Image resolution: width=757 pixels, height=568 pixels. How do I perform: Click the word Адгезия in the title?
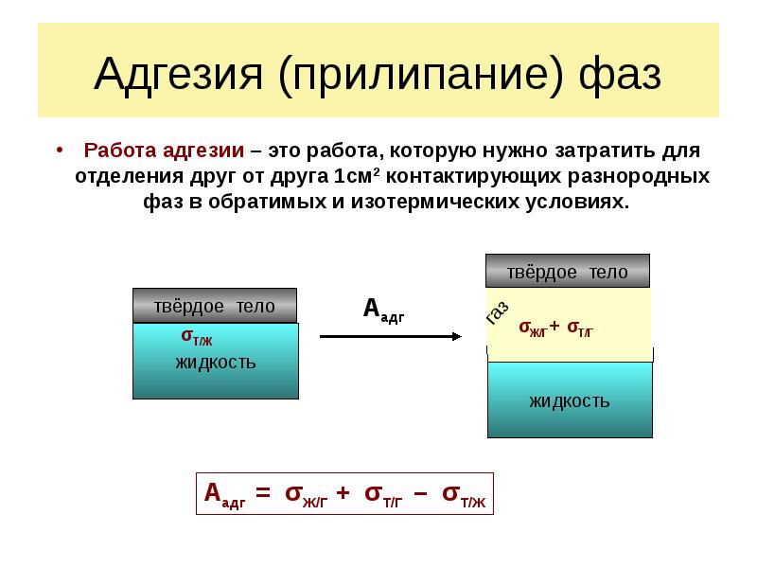pyautogui.click(x=179, y=76)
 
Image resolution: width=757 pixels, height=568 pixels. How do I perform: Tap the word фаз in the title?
pyautogui.click(x=620, y=76)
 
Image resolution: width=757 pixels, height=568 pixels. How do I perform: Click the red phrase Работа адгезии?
pyautogui.click(x=164, y=151)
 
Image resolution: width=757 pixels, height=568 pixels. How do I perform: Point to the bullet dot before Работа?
pyautogui.click(x=60, y=150)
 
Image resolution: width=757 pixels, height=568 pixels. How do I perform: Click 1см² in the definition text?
pyautogui.click(x=356, y=176)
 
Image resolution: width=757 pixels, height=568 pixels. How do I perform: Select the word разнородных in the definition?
pyautogui.click(x=638, y=176)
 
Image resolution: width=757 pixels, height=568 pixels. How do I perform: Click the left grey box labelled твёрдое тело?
pyautogui.click(x=215, y=306)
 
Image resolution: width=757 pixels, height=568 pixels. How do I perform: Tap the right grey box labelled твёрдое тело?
pyautogui.click(x=568, y=271)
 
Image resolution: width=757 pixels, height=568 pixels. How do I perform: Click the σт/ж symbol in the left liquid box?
pyautogui.click(x=197, y=336)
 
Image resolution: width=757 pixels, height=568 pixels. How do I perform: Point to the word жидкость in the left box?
pyautogui.click(x=216, y=363)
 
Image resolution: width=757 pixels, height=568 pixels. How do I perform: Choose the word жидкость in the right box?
pyautogui.click(x=570, y=400)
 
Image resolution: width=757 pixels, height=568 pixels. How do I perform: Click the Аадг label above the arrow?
pyautogui.click(x=384, y=310)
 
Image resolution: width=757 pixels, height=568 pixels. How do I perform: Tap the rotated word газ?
pyautogui.click(x=498, y=313)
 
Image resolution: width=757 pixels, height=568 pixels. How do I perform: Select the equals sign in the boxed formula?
pyautogui.click(x=263, y=492)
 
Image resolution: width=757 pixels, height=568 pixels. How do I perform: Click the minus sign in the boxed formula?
pyautogui.click(x=420, y=493)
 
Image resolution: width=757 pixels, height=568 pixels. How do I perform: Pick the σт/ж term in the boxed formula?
pyautogui.click(x=464, y=495)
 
